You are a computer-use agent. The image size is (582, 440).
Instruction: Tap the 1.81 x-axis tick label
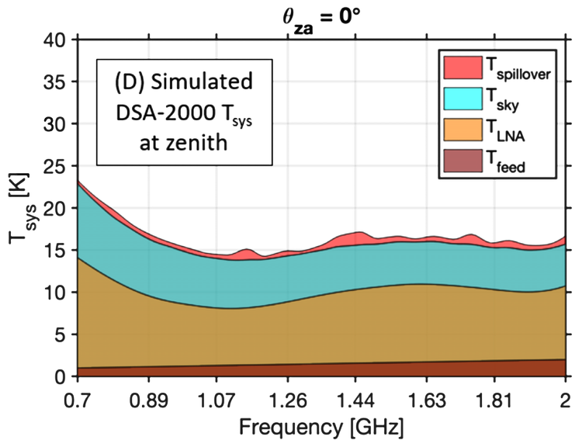click(x=495, y=401)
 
